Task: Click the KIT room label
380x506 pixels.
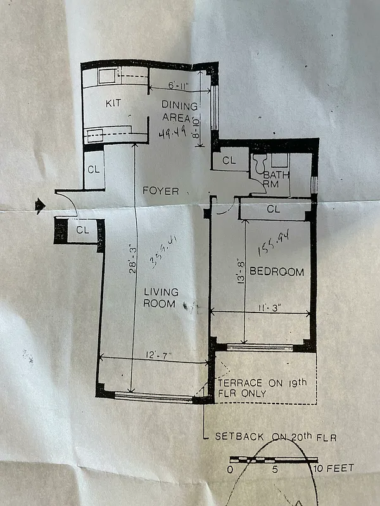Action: (x=113, y=103)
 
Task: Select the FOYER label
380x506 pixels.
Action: (x=160, y=190)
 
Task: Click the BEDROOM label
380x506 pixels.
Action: (x=276, y=272)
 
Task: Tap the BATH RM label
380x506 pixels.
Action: (x=276, y=179)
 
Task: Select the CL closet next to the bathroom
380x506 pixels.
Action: (x=229, y=161)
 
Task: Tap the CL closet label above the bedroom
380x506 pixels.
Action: (x=274, y=209)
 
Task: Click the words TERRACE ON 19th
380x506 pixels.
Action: (x=262, y=383)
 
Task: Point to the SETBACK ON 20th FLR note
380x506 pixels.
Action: (x=275, y=437)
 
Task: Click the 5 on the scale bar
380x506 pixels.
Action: (x=275, y=469)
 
